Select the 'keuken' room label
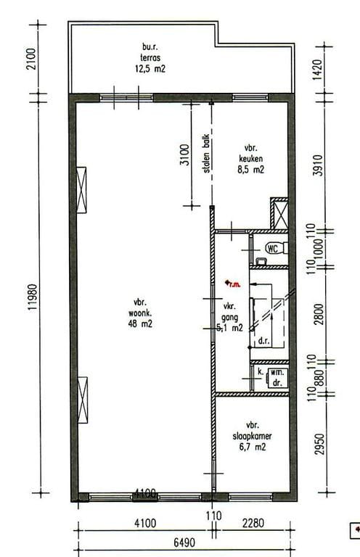[x=250, y=160]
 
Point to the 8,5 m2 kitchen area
[x=250, y=170]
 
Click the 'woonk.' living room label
[x=142, y=313]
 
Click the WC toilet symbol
[x=274, y=248]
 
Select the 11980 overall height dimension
[x=31, y=297]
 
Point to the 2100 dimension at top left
[x=31, y=58]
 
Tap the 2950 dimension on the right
[x=319, y=444]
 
